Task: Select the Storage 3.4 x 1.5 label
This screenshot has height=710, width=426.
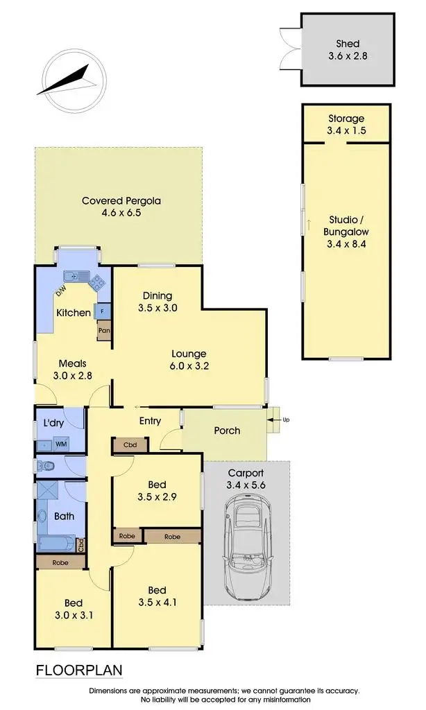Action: (x=347, y=124)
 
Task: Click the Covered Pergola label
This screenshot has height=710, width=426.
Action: (x=121, y=207)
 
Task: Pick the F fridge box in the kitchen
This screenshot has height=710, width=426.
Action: (x=102, y=311)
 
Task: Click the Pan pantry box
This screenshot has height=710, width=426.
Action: (x=103, y=331)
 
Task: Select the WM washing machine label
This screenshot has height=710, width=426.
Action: (x=60, y=444)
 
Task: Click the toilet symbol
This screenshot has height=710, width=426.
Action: (x=44, y=465)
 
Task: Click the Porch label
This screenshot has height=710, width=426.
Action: (x=227, y=431)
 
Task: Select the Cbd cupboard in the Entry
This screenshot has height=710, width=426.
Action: (x=129, y=444)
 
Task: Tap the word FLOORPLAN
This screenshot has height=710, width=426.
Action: (x=78, y=670)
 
